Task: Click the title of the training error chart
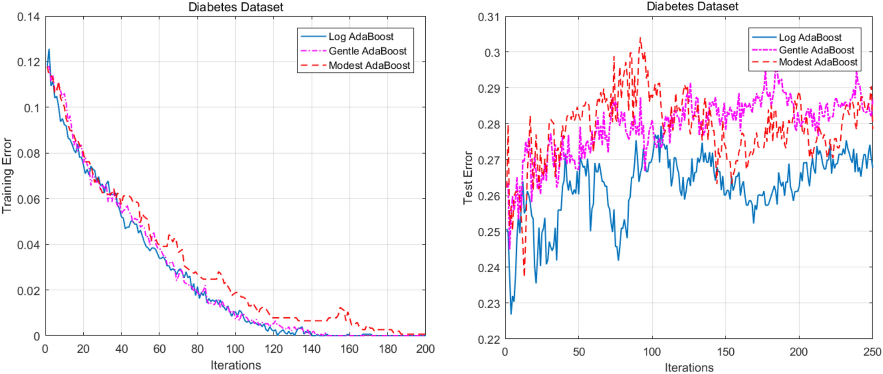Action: [235, 7]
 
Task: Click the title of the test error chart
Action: [692, 6]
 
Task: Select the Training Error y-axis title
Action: [7, 176]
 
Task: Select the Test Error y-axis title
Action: [467, 178]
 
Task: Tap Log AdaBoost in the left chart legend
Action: [361, 37]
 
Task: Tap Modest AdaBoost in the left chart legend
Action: [369, 66]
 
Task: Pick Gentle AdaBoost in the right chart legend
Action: [816, 50]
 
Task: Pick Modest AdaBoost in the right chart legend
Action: [817, 62]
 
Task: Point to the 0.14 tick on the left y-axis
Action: [28, 17]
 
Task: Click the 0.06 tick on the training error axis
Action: [28, 199]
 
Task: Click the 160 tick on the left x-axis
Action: [349, 349]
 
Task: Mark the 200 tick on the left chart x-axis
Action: [425, 349]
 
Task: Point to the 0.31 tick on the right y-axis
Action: [489, 17]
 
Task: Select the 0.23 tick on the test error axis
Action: [489, 304]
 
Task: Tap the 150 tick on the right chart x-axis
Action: [725, 352]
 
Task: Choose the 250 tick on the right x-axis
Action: [872, 352]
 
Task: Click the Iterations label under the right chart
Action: [689, 367]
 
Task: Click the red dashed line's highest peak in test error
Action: [640, 38]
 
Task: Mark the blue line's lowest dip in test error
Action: [511, 314]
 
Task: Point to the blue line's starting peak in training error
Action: [49, 49]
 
